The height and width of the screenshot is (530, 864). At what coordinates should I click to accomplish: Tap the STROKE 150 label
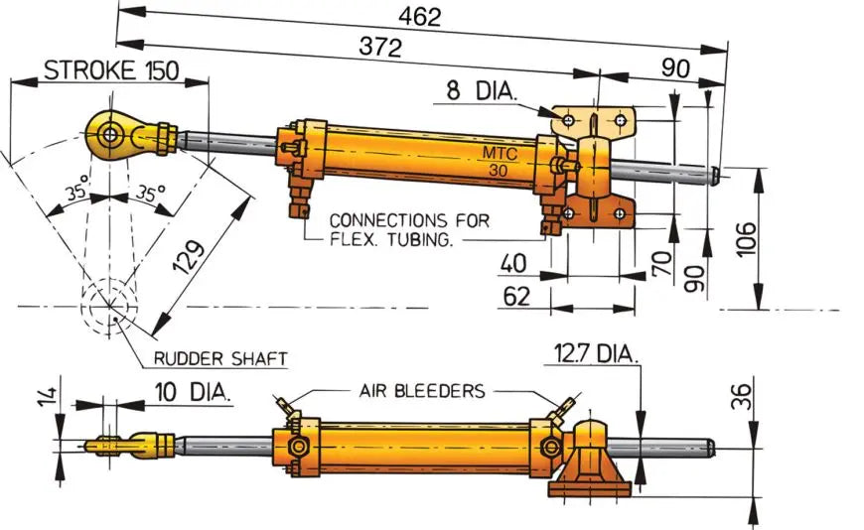click(x=110, y=71)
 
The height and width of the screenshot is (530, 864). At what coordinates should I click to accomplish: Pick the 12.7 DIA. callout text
click(x=596, y=355)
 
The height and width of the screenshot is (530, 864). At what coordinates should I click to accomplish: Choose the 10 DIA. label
click(x=194, y=392)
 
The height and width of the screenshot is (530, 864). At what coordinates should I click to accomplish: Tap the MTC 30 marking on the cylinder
click(x=501, y=162)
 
